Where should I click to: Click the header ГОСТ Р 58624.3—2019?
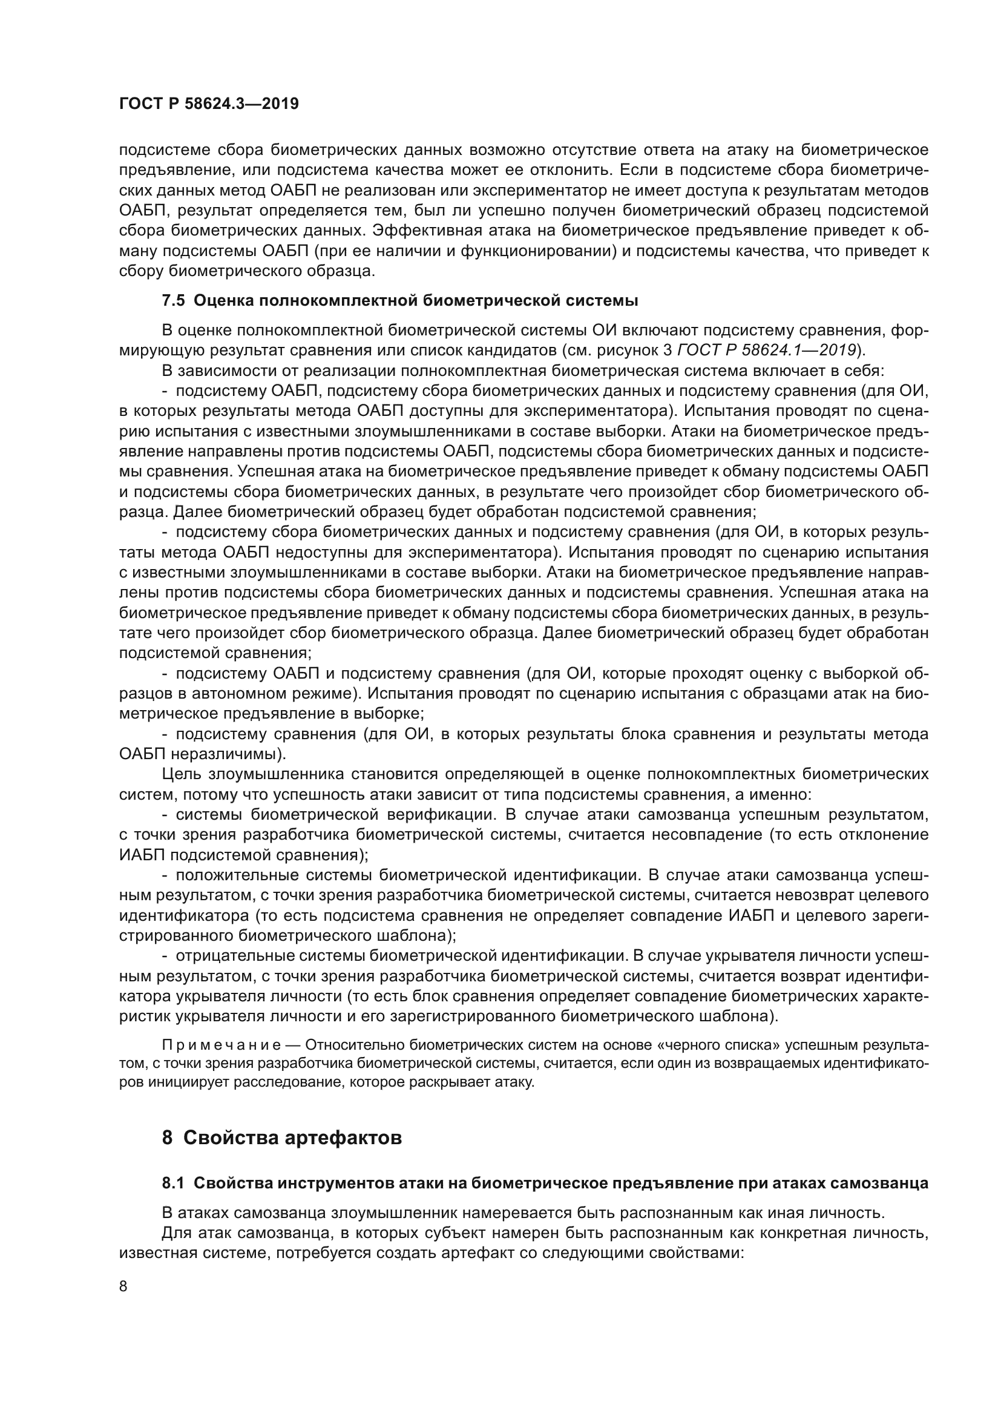click(209, 104)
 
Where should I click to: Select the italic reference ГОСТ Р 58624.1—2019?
click(766, 351)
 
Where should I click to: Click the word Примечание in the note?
click(222, 1045)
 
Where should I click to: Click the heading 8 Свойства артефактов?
click(281, 1137)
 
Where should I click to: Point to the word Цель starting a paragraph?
click(179, 774)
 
